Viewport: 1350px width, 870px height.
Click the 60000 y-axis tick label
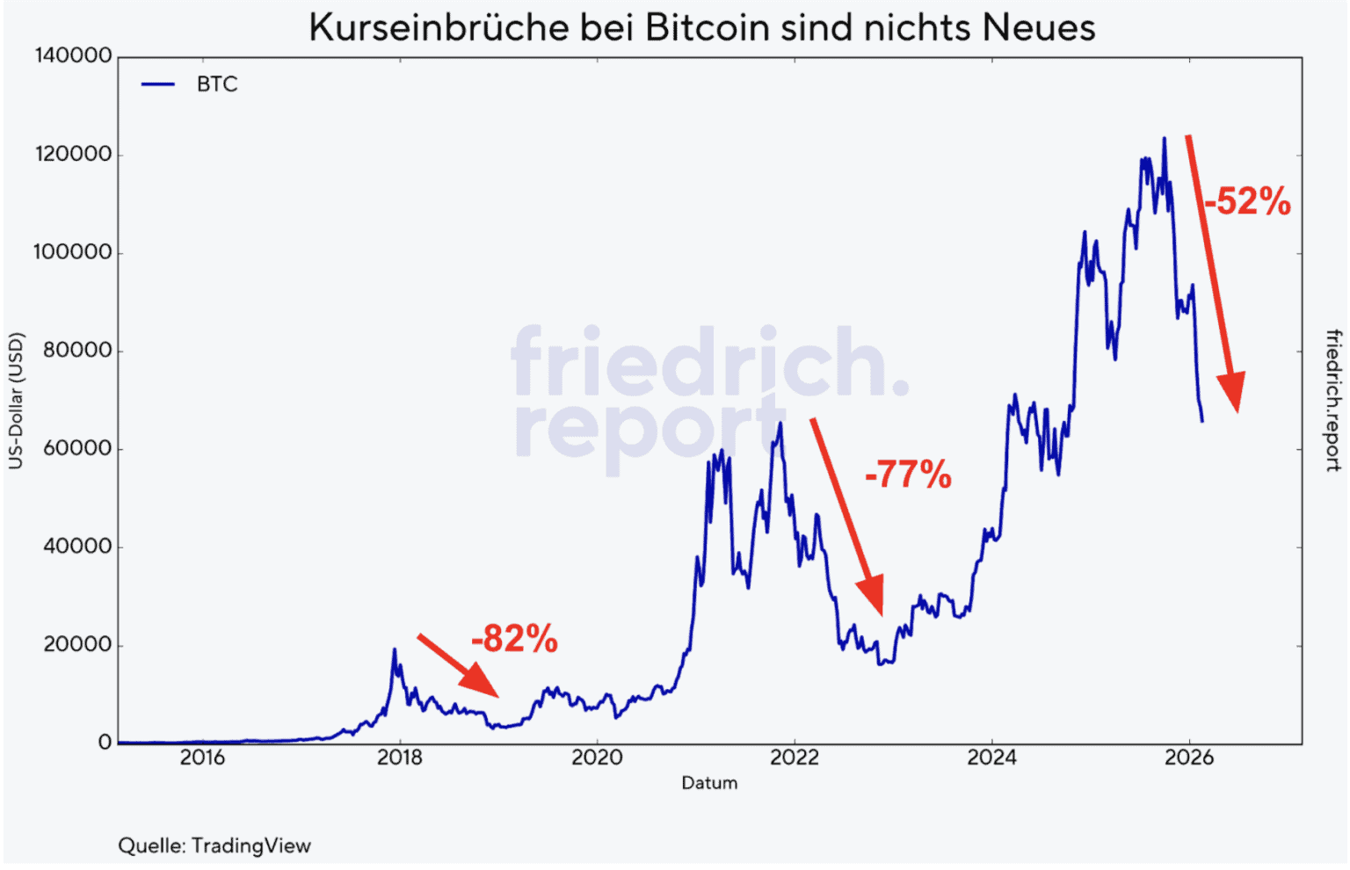click(x=77, y=449)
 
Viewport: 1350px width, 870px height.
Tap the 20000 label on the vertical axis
click(x=77, y=645)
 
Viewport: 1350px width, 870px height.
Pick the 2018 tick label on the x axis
click(x=400, y=758)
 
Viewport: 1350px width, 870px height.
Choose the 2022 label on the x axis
click(x=795, y=758)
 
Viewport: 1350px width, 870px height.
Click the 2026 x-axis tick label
click(x=1189, y=758)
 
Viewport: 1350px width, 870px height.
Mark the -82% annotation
click(x=514, y=639)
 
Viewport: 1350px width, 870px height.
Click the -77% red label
click(x=908, y=475)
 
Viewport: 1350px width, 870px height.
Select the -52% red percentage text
click(x=1247, y=201)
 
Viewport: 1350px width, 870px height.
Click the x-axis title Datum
click(x=709, y=783)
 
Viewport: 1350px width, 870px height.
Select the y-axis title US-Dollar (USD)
click(x=17, y=401)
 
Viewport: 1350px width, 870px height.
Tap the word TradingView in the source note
click(x=251, y=846)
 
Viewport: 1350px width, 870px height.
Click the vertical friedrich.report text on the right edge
click(x=1333, y=401)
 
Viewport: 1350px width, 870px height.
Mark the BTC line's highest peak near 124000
click(x=1165, y=138)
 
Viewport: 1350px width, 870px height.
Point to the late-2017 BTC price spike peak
click(x=394, y=649)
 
